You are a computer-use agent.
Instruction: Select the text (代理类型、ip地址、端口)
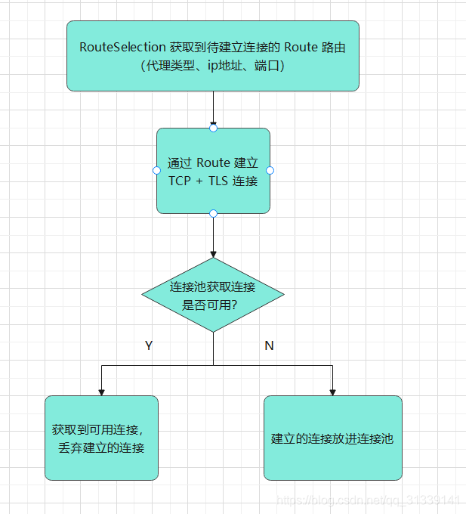[x=212, y=66]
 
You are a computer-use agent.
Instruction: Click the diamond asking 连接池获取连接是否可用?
[x=213, y=295]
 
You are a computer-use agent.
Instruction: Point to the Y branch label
[x=149, y=345]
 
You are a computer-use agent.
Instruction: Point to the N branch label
[x=269, y=345]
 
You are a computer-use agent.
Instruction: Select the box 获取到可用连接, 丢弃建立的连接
[x=101, y=438]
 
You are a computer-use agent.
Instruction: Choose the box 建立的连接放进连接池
[x=332, y=438]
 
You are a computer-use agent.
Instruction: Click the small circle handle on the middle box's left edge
[x=157, y=171]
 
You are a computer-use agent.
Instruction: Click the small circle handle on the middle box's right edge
[x=270, y=171]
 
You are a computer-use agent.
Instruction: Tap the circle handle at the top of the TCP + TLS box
[x=213, y=128]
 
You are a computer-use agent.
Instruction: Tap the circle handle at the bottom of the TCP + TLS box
[x=213, y=214]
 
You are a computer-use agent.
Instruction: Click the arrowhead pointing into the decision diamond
[x=213, y=253]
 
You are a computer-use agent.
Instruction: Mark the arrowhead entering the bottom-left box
[x=101, y=392]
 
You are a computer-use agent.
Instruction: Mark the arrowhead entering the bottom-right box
[x=332, y=392]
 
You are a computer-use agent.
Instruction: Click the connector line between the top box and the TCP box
[x=213, y=106]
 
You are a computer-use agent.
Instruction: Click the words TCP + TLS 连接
[x=213, y=181]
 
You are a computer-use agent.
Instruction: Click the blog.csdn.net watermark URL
[x=369, y=500]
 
